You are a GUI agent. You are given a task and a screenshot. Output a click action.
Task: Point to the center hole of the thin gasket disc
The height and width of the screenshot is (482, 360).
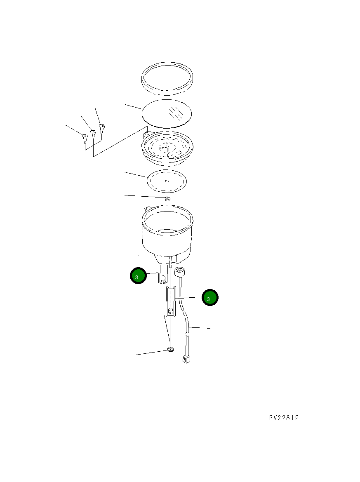(x=167, y=181)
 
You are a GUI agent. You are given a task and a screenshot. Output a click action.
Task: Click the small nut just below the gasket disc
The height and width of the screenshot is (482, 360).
(x=167, y=199)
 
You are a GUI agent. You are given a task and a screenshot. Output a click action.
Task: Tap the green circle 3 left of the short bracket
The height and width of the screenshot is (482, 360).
(x=138, y=276)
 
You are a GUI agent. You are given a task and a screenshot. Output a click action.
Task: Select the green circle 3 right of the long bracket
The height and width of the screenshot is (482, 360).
(x=210, y=298)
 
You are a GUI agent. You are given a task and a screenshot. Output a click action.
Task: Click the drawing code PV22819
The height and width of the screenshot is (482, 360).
(x=284, y=418)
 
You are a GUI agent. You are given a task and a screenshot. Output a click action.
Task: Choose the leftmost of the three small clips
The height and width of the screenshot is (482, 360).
(x=85, y=138)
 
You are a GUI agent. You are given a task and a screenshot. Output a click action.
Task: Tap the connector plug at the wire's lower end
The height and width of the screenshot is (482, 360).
(x=186, y=359)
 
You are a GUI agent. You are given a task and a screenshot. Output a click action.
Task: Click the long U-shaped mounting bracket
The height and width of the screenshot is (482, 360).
(x=171, y=301)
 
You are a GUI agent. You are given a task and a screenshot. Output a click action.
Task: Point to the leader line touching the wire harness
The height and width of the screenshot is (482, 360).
(x=200, y=328)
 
